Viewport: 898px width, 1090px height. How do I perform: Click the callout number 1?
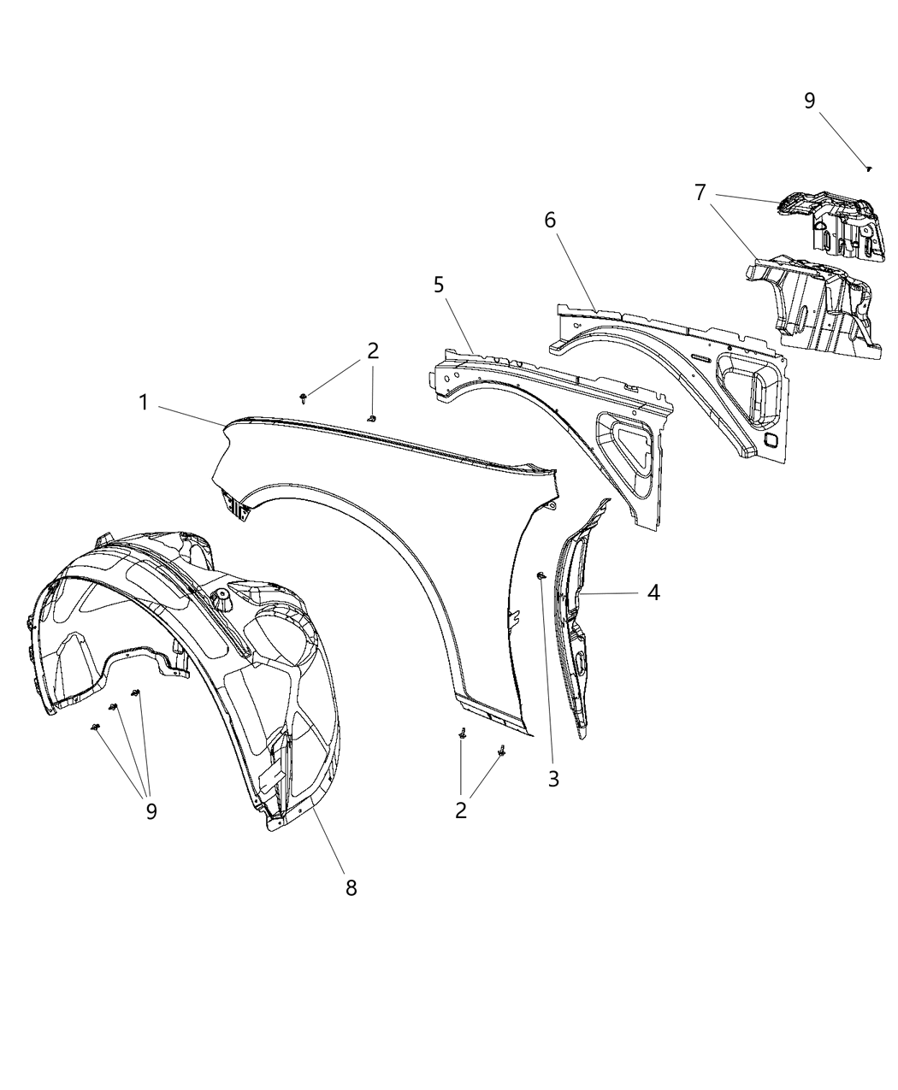click(145, 402)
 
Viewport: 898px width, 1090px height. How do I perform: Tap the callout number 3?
click(553, 779)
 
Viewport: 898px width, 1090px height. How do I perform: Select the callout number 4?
click(653, 592)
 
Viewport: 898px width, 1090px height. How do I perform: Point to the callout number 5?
click(439, 285)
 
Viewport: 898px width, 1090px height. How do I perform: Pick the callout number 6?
click(550, 220)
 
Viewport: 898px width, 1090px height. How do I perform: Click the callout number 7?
click(700, 192)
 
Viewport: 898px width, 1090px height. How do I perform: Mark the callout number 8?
click(351, 887)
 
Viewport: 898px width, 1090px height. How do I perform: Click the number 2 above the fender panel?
click(372, 350)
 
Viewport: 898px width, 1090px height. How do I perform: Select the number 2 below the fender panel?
click(461, 810)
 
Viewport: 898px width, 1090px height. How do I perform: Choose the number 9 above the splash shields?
click(809, 101)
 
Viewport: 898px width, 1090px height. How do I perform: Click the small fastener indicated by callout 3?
click(541, 577)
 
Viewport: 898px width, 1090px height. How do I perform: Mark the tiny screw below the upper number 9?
click(868, 169)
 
